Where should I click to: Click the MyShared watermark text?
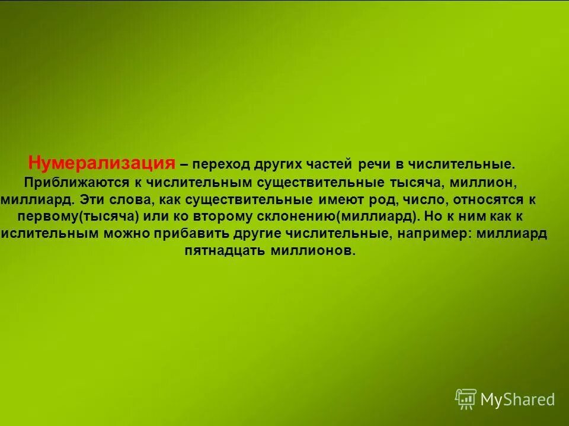[517, 399]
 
